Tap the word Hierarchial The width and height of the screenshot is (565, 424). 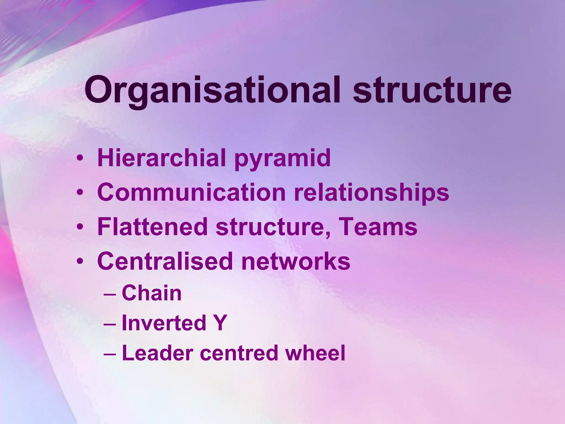click(x=162, y=158)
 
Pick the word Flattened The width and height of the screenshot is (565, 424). click(x=152, y=227)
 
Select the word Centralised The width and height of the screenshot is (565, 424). click(x=165, y=261)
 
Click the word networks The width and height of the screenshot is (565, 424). click(x=295, y=261)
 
